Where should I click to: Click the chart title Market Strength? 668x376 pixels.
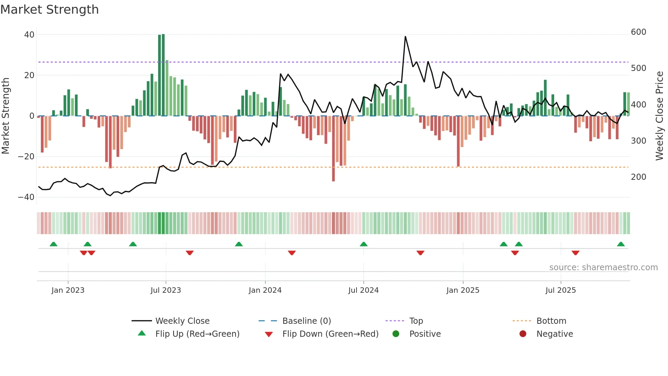click(x=49, y=10)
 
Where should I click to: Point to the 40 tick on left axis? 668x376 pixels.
click(x=29, y=34)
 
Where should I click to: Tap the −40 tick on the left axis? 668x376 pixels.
click(x=26, y=197)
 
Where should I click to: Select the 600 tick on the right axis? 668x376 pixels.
click(x=638, y=32)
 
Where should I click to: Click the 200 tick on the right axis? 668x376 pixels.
click(x=638, y=177)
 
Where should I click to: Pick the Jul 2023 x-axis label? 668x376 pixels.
click(x=166, y=290)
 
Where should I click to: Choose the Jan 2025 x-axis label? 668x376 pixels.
click(x=462, y=290)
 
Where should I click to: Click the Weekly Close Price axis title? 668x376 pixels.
click(x=659, y=116)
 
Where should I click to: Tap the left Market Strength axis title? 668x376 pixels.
click(x=6, y=116)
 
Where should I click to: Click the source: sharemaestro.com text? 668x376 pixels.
click(x=603, y=267)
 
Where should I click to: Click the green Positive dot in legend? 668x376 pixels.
click(x=396, y=334)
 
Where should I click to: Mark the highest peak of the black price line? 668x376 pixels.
click(x=405, y=37)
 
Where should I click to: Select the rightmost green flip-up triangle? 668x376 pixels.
click(x=621, y=244)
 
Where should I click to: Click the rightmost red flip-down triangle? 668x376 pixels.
click(x=575, y=253)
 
